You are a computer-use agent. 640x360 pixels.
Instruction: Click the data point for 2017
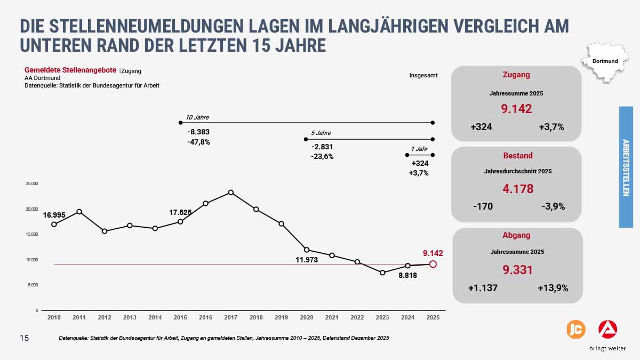click(231, 193)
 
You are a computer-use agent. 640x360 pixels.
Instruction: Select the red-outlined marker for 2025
click(433, 264)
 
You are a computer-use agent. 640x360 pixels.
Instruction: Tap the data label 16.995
click(54, 215)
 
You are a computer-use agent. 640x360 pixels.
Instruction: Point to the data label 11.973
click(307, 260)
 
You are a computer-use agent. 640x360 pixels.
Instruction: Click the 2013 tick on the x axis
click(130, 317)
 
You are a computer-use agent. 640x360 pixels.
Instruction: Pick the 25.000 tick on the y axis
click(32, 183)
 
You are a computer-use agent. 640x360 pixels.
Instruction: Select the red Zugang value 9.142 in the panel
click(516, 109)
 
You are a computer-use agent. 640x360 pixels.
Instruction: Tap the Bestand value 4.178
click(517, 189)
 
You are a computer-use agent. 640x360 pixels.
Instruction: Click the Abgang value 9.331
click(517, 270)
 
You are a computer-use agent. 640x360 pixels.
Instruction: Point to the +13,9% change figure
click(553, 288)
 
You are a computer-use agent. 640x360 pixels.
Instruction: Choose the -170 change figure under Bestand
click(483, 206)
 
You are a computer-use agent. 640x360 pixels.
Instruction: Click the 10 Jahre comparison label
click(197, 117)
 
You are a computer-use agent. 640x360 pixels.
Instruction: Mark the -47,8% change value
click(198, 142)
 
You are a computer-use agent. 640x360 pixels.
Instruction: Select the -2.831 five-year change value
click(322, 147)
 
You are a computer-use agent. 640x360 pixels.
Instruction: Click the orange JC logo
click(575, 329)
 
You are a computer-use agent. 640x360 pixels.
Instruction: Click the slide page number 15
click(25, 338)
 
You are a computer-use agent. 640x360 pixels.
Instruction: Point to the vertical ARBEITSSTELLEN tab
click(626, 167)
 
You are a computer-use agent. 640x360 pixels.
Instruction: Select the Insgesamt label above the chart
click(423, 75)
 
